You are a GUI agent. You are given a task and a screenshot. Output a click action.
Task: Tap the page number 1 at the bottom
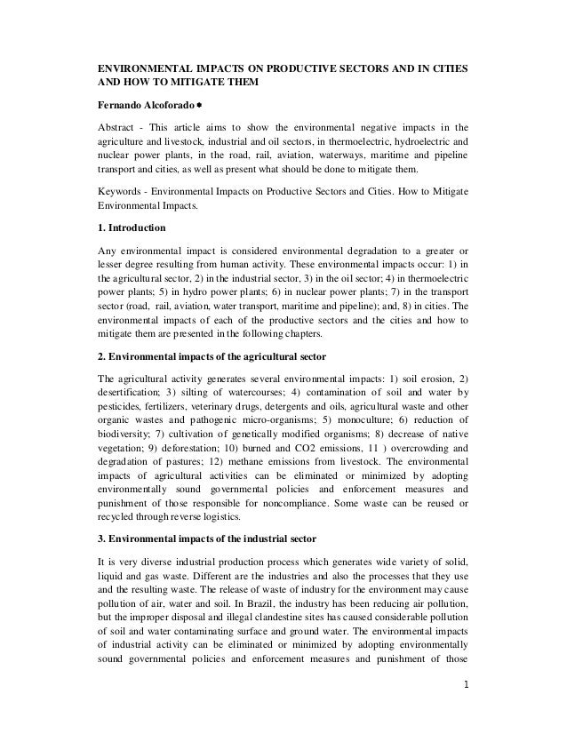click(465, 711)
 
